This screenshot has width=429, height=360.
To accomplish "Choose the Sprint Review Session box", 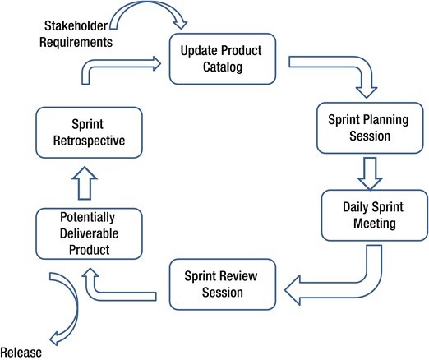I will click(220, 283).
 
